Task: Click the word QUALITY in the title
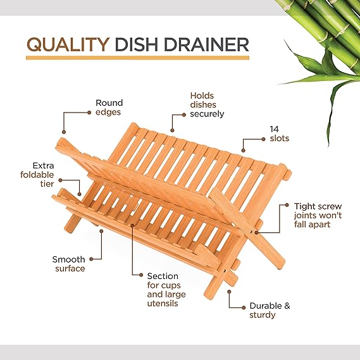(x=68, y=44)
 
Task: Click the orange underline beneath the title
(x=137, y=58)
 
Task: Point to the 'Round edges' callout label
(x=109, y=108)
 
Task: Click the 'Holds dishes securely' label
(x=207, y=104)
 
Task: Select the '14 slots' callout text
(x=280, y=134)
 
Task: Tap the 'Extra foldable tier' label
(x=37, y=175)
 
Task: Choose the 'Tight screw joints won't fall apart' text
(x=318, y=215)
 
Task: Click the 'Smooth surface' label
(x=69, y=264)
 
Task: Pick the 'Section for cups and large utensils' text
(x=166, y=290)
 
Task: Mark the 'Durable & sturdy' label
(x=270, y=310)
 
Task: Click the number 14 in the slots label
(x=275, y=129)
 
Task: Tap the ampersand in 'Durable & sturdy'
(x=287, y=306)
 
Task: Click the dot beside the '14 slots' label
(x=264, y=139)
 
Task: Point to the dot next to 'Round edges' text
(x=89, y=112)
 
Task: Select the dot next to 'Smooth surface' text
(x=91, y=259)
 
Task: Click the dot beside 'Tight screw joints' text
(x=287, y=205)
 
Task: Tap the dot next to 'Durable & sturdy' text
(x=244, y=307)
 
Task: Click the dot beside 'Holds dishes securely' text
(x=184, y=115)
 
